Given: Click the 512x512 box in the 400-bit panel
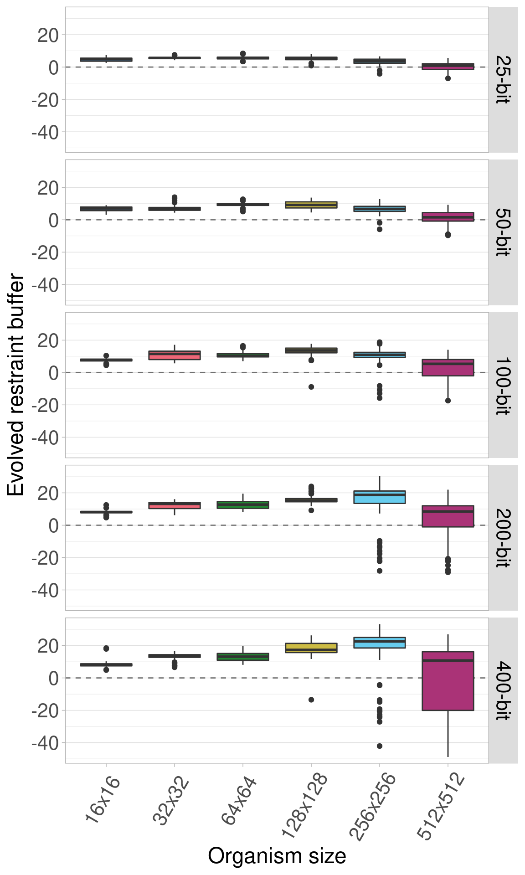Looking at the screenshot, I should pos(448,681).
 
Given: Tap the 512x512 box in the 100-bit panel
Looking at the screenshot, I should pos(448,368).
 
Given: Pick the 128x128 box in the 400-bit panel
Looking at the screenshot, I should pos(311,648).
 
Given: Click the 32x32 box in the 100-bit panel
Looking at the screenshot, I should pos(175,355).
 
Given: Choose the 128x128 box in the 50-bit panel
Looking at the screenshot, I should pos(311,205).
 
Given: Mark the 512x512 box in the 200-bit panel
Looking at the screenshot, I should pos(448,516).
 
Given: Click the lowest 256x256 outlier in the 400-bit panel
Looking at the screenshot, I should pos(380,746).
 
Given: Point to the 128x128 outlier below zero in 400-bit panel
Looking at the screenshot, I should pos(311,700).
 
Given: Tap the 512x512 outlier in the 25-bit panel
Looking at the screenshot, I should pos(448,78).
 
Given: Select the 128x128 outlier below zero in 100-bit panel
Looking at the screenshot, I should pos(311,387).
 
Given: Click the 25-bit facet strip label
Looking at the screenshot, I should pos(503,80).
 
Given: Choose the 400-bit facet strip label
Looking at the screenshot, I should pos(503,690).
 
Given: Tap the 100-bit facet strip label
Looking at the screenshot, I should pos(503,385).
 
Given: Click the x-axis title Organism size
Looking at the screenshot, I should pos(277,856).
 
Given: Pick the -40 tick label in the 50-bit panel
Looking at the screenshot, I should pos(46,285).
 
